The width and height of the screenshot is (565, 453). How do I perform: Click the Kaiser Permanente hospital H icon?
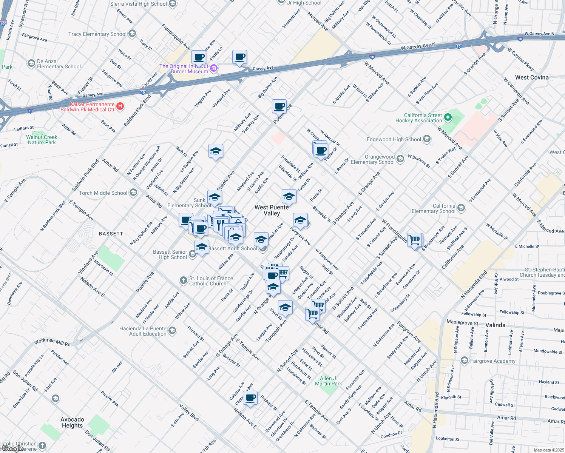point(120,106)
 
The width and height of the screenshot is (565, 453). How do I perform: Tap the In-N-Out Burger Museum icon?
point(214,68)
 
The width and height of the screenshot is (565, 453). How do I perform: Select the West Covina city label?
point(531,77)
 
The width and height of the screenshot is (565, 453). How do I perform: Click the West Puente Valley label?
point(272,210)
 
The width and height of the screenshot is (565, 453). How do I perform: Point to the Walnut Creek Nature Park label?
point(42,140)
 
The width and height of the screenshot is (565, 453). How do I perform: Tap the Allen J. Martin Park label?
point(328,381)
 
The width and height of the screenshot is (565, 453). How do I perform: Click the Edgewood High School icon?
point(426,139)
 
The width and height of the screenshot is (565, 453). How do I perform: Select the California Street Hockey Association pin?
point(448,117)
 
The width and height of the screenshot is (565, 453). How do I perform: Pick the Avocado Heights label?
point(72,422)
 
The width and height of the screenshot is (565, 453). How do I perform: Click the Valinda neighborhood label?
point(495,325)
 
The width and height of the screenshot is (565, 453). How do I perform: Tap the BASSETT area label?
point(111,234)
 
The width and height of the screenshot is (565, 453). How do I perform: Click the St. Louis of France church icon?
point(183,280)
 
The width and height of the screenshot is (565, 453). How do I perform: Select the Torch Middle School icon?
point(133,193)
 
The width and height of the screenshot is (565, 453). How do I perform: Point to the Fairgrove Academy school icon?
point(464,361)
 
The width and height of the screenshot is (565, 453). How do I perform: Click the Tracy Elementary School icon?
point(132,34)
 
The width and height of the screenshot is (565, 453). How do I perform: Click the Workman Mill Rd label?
point(52,342)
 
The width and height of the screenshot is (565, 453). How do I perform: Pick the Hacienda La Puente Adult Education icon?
point(172,331)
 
